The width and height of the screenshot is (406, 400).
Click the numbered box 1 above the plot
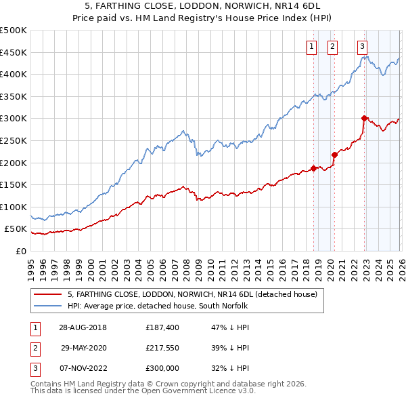pyautogui.click(x=311, y=47)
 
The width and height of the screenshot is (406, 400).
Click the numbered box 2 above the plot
pyautogui.click(x=333, y=47)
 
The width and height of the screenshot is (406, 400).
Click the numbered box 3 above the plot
pyautogui.click(x=363, y=47)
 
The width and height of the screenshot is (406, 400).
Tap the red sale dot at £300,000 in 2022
pyautogui.click(x=364, y=118)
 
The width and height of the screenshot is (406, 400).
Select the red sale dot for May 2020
pyautogui.click(x=334, y=155)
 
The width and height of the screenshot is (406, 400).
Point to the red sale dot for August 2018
pyautogui.click(x=313, y=168)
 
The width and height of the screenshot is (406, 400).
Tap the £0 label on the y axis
pyautogui.click(x=22, y=251)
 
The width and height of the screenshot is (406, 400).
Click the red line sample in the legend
pyautogui.click(x=49, y=294)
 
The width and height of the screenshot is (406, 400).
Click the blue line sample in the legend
pyautogui.click(x=49, y=306)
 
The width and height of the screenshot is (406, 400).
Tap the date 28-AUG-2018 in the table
pyautogui.click(x=83, y=327)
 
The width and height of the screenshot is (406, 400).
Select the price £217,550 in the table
pyautogui.click(x=162, y=347)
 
